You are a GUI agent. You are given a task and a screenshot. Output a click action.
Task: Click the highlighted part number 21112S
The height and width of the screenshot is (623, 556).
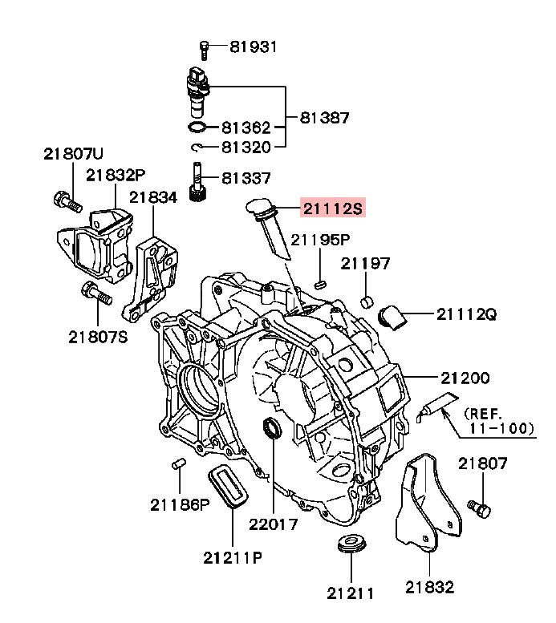pos(332,208)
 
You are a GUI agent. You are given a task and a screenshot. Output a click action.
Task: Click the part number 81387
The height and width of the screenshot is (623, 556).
pos(324,117)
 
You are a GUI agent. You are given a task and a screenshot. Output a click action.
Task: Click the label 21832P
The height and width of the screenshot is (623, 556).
pos(116,174)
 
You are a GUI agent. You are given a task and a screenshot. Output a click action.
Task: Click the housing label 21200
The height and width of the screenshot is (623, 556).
pos(465,377)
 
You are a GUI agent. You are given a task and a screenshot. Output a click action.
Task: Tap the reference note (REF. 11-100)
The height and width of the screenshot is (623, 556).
pos(498,421)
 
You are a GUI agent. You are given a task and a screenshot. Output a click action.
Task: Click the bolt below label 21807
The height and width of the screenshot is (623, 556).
pos(480,507)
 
